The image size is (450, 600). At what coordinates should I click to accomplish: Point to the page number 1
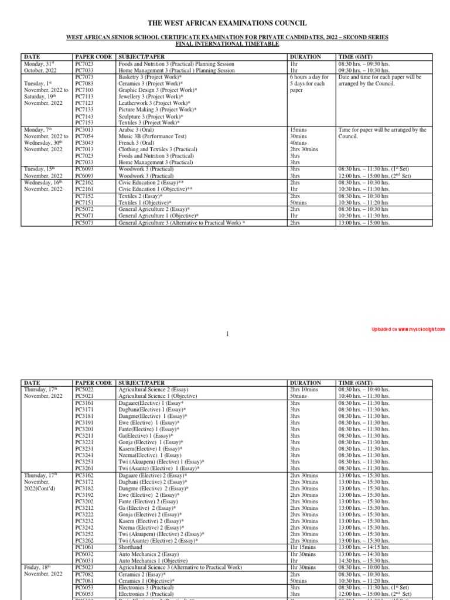[x=227, y=333]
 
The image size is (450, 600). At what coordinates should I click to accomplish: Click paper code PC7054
[x=84, y=137]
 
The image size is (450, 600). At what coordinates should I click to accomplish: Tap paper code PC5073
[x=84, y=223]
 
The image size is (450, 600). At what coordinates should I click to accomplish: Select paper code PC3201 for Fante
[x=84, y=429]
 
